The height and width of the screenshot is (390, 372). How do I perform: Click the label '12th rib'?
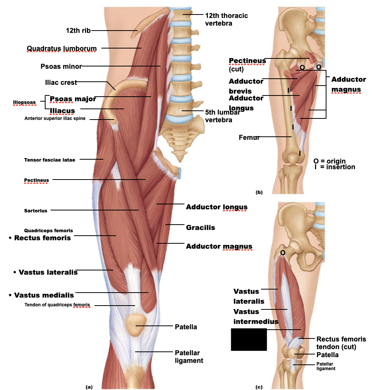[x=78, y=31]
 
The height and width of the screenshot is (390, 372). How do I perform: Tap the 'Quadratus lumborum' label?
[x=62, y=49]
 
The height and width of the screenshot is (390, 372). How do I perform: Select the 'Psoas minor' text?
[x=61, y=66]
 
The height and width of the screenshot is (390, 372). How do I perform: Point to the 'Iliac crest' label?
[x=61, y=83]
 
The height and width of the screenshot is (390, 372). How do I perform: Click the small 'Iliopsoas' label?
[x=24, y=102]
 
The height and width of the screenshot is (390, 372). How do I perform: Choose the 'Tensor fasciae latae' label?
[x=50, y=160]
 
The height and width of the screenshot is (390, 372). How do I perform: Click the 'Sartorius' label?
[x=36, y=210]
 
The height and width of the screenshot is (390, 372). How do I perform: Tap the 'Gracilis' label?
[x=200, y=228]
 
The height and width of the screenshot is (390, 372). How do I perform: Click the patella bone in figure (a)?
[x=136, y=325]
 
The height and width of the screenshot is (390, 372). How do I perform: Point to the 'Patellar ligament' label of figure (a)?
[x=189, y=356]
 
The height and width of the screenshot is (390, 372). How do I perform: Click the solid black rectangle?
[x=249, y=339]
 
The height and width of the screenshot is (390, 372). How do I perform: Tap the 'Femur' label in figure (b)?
[x=249, y=138]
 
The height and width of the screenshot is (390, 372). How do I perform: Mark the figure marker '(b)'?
[x=259, y=192]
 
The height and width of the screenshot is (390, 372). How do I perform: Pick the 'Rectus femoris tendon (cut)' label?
[x=341, y=343]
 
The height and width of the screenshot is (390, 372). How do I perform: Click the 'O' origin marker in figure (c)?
[x=282, y=252]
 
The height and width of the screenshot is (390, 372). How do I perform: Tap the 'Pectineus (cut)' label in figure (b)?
[x=247, y=65]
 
